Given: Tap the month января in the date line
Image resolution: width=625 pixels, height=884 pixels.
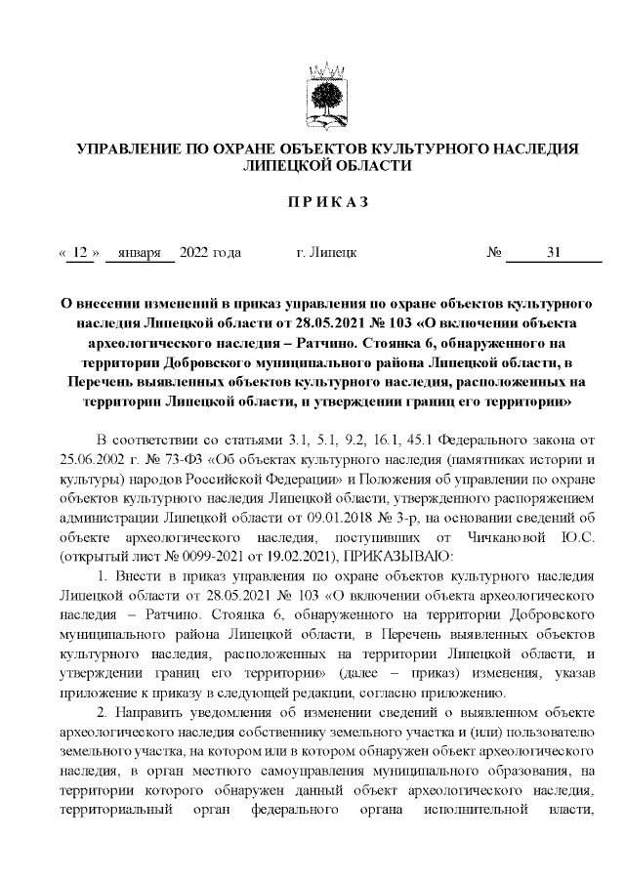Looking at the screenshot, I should coord(140,253).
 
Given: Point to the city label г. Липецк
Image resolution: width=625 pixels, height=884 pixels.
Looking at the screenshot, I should coord(325,253).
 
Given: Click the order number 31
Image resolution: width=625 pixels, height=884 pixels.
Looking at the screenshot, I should coord(554,253).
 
